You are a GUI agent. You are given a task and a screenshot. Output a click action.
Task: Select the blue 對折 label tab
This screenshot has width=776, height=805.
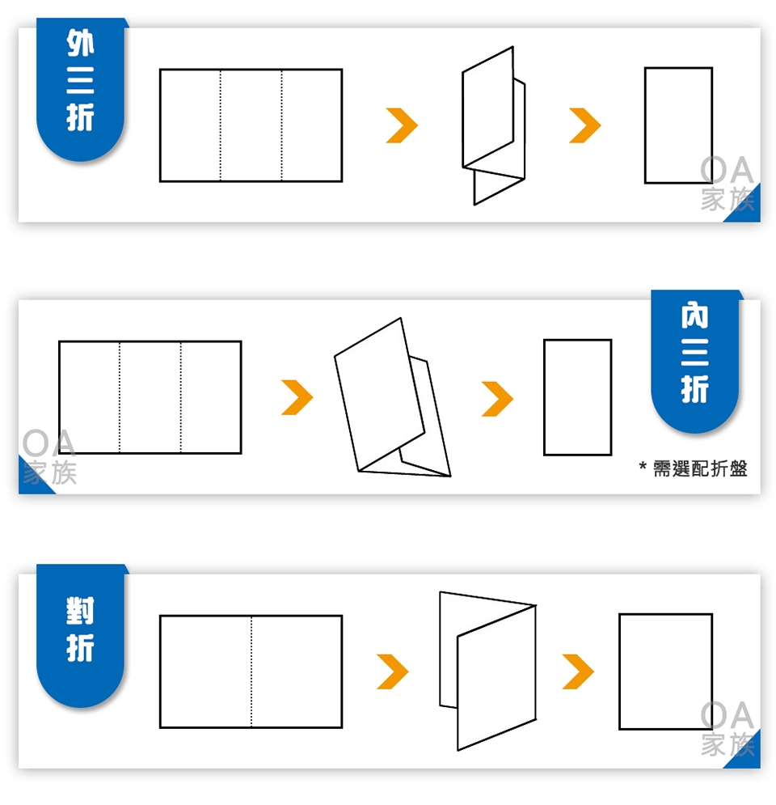click(x=80, y=635)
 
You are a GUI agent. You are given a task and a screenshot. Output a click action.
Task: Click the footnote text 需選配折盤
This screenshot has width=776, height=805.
click(x=699, y=468)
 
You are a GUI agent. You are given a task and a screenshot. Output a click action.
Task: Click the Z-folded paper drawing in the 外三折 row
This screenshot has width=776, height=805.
click(x=493, y=125)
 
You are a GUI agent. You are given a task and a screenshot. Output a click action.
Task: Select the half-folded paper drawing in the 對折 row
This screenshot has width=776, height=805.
click(x=487, y=671)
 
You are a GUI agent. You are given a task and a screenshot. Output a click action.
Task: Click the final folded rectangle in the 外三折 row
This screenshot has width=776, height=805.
click(x=678, y=125)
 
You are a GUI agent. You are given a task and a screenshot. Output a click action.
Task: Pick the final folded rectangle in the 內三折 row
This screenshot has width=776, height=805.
click(x=577, y=397)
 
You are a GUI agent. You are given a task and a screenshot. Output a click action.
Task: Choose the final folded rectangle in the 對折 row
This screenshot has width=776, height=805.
click(x=666, y=672)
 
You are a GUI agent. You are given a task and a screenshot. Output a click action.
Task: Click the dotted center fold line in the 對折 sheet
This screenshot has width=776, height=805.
click(x=251, y=672)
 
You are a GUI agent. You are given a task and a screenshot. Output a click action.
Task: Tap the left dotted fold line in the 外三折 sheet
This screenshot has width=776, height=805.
click(x=221, y=125)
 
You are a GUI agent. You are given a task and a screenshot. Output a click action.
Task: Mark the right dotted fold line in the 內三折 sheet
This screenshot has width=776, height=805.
click(x=180, y=397)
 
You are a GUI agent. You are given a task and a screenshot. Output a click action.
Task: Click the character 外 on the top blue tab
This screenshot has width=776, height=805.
click(x=81, y=43)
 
